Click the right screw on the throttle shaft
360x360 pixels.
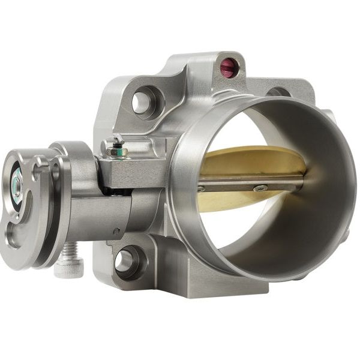click(260, 188)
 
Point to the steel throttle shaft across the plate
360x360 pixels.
click(240, 183)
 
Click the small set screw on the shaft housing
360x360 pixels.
click(116, 231)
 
